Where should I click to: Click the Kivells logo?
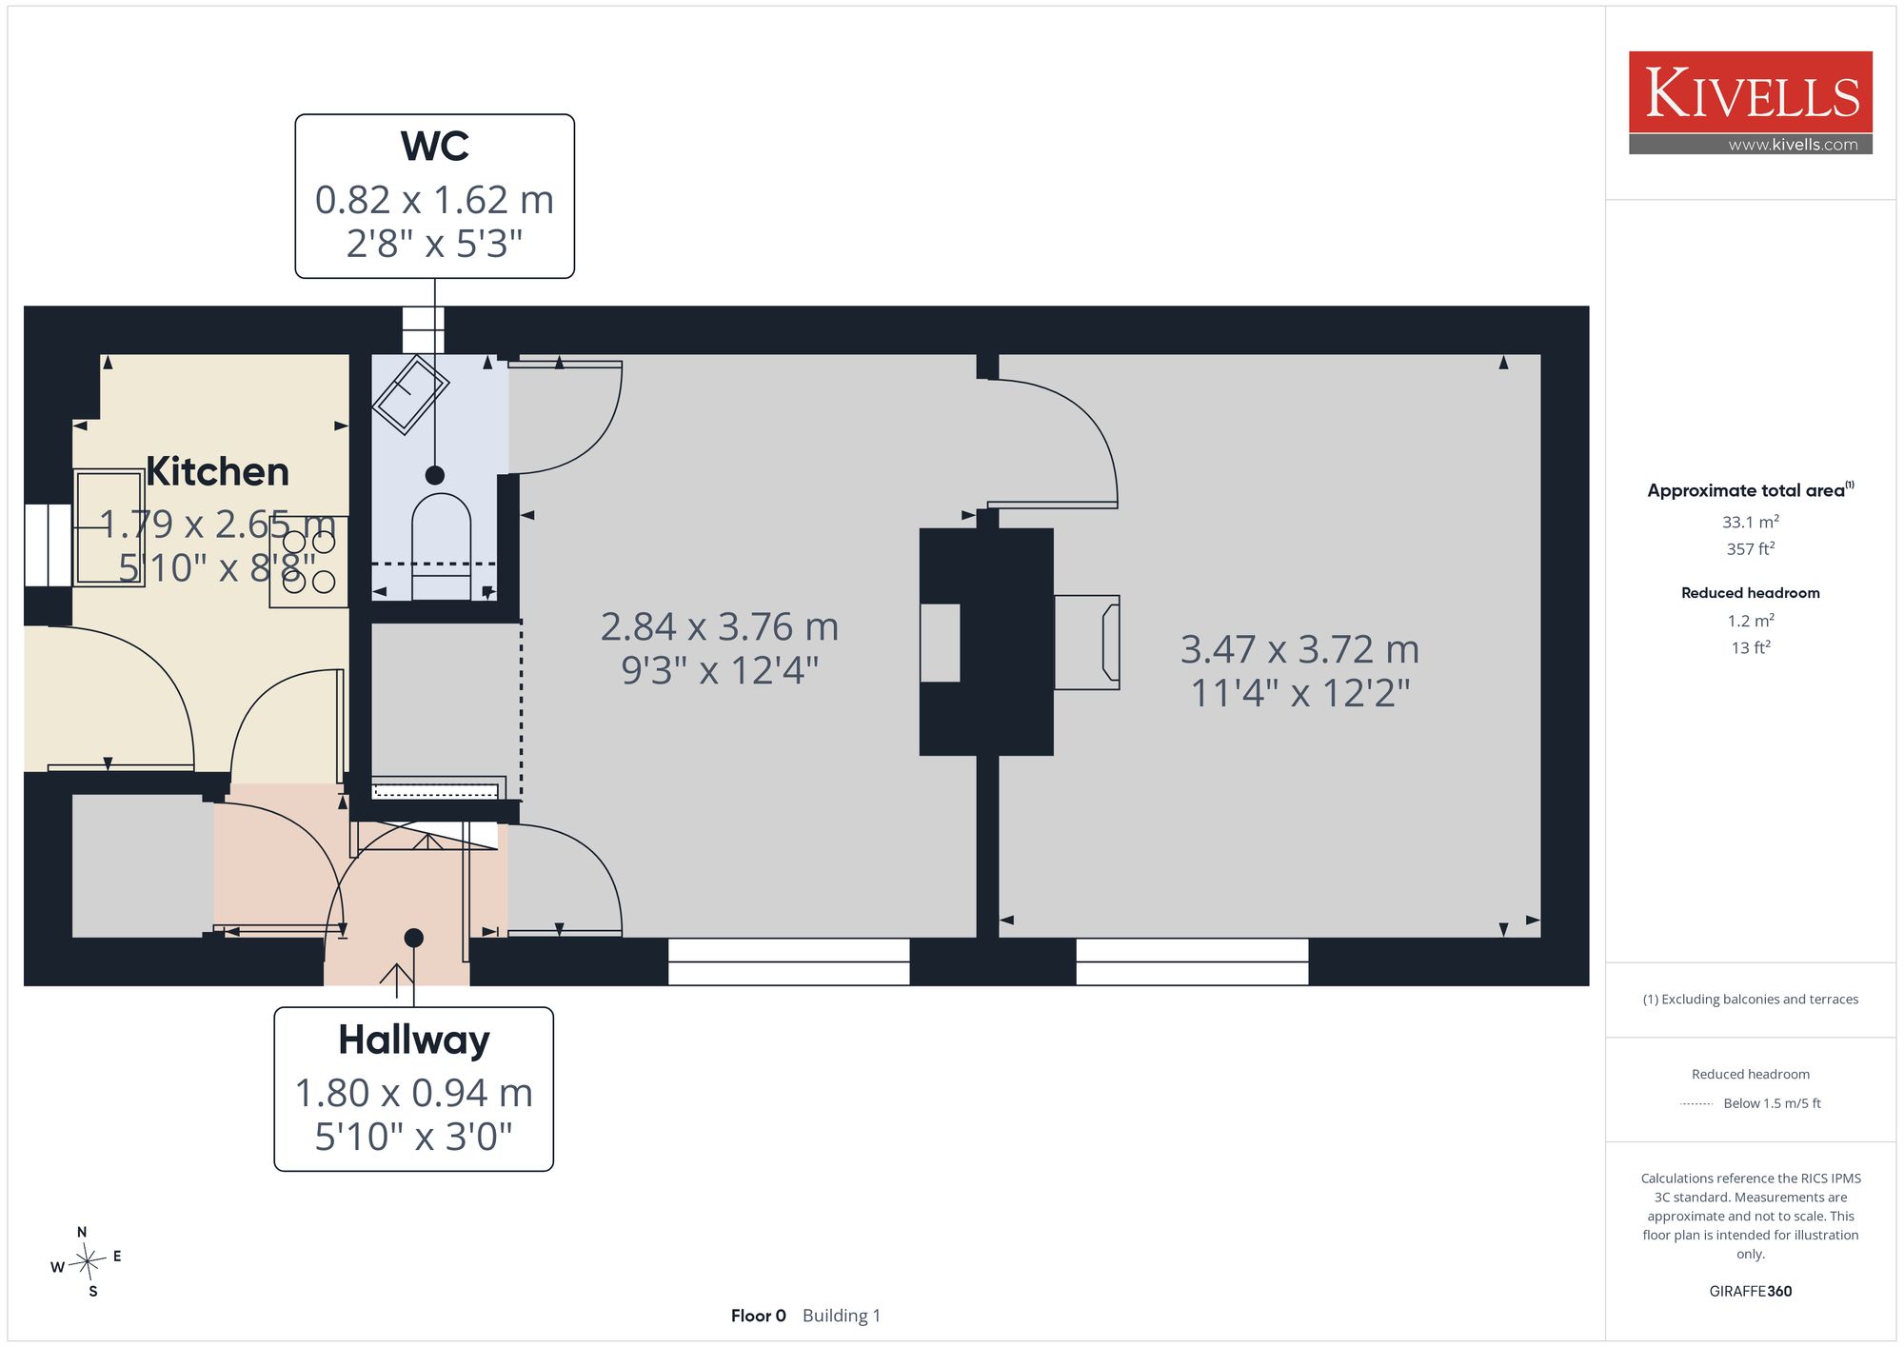coord(1750,103)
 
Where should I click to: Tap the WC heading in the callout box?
coord(435,146)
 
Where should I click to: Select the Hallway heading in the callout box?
coord(414,1040)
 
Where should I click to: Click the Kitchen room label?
coord(217,471)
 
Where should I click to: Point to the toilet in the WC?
coord(442,546)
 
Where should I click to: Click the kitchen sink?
coord(109,527)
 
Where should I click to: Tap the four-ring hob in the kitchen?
coord(308,562)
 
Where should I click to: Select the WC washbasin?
coord(410,394)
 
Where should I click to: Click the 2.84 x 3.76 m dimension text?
coord(720,626)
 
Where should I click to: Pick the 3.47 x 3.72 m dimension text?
coord(1299,649)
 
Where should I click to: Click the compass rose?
coord(87,1262)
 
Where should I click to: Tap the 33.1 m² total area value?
coord(1751,522)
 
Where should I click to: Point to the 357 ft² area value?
coord(1751,548)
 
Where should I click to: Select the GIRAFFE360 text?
coord(1751,1292)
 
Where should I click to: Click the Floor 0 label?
coord(759,1316)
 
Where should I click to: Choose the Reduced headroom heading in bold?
coord(1751,592)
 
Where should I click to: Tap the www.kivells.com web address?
coord(1794,145)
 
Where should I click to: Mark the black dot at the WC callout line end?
coord(435,475)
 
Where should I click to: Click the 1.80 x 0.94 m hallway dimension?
coord(414,1093)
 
